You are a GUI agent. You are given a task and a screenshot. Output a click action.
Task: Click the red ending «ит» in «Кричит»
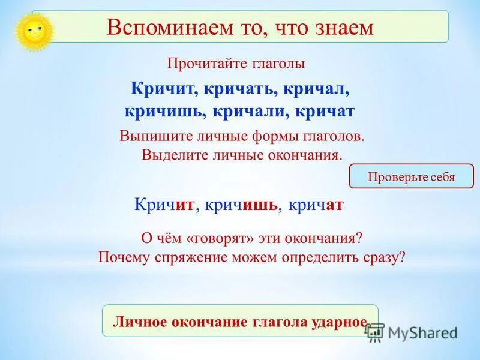(185, 205)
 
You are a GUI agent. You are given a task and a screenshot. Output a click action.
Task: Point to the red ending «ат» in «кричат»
(334, 205)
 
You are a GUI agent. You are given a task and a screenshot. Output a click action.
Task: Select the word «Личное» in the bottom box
(139, 322)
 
